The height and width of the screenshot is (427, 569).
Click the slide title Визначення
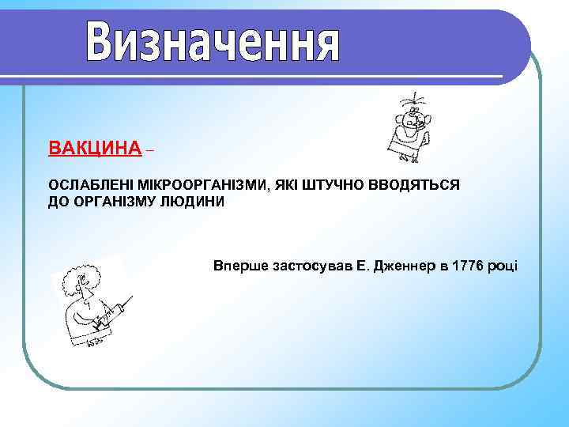point(213,43)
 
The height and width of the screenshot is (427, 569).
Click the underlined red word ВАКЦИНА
point(95,148)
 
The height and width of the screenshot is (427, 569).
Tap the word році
point(503,265)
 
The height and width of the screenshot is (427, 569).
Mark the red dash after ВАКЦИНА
point(151,149)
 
